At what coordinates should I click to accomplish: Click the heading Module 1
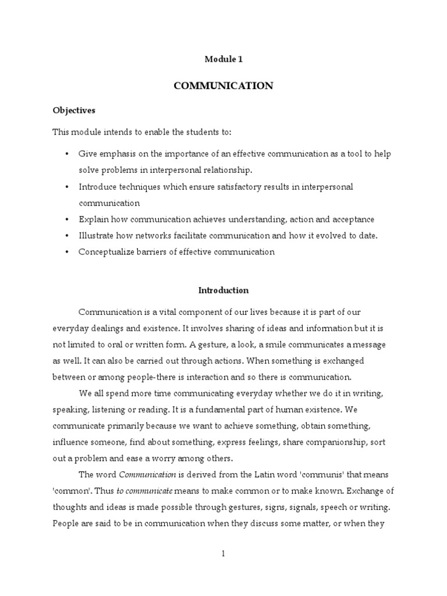(x=223, y=59)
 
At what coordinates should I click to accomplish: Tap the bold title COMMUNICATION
(x=223, y=86)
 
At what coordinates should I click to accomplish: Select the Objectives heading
(x=74, y=109)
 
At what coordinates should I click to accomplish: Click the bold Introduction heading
(x=223, y=290)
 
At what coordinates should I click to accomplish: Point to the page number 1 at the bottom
(x=223, y=554)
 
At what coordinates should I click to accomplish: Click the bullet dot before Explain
(x=67, y=219)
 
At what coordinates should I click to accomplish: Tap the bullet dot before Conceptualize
(x=67, y=252)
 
